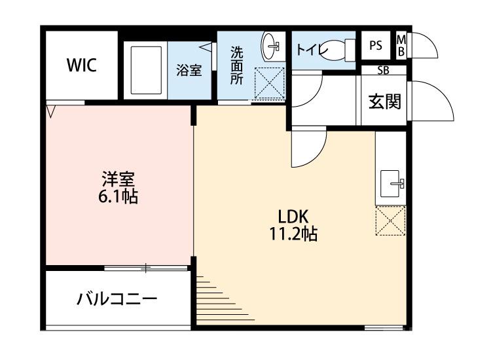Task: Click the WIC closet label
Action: [82, 65]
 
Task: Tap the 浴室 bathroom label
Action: [189, 70]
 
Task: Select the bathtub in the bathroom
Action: [146, 70]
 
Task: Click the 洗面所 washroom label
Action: [236, 63]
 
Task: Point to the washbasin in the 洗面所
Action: [271, 46]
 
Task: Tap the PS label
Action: [375, 46]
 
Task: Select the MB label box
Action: [401, 46]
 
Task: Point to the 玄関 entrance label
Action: [384, 101]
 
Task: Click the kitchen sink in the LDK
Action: [391, 181]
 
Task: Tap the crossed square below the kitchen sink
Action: [391, 221]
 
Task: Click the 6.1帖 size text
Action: [118, 196]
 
